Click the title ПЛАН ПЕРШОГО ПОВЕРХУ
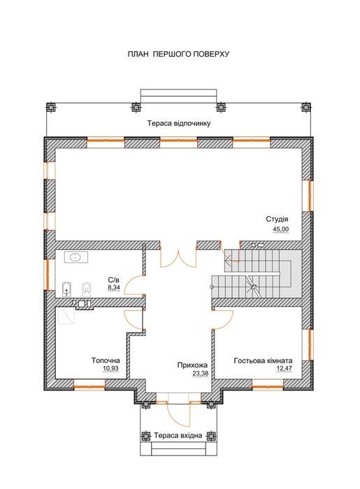point(178,54)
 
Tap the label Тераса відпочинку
point(179,123)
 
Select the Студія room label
point(277,219)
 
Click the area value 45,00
point(281,229)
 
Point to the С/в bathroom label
point(113,280)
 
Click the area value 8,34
point(114,288)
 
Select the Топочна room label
point(106,360)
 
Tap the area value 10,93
point(110,368)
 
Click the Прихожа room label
point(192,365)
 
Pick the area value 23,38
point(200,373)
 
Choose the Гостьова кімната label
point(263,361)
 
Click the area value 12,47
point(285,369)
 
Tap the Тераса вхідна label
point(178,435)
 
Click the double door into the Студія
point(178,259)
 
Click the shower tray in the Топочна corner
point(65,316)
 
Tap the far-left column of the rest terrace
point(51,107)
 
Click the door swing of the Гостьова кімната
point(224,320)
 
